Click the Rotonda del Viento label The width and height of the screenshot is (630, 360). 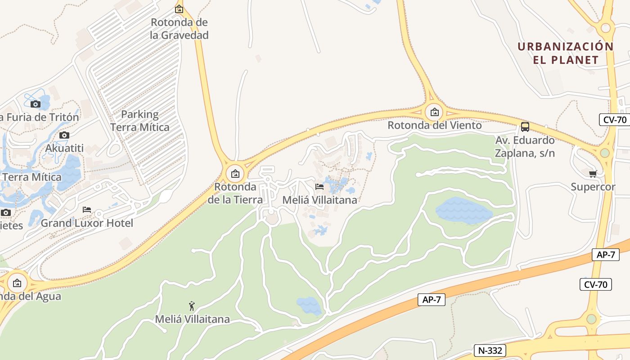[x=434, y=125]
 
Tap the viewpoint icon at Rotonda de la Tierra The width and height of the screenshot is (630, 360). [x=235, y=173]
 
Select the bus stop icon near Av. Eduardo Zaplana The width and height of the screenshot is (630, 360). [x=525, y=126]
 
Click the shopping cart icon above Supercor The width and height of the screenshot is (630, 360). [x=593, y=174]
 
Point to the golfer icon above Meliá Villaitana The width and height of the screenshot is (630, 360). [x=192, y=306]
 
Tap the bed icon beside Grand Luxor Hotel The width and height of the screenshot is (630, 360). [x=87, y=209]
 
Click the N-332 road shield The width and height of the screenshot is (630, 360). [x=490, y=351]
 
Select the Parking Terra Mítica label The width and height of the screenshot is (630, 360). [x=140, y=121]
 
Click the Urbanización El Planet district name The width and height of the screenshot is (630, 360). [x=566, y=53]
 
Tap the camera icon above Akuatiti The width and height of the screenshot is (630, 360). [x=64, y=135]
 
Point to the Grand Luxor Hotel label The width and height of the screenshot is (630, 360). [x=87, y=223]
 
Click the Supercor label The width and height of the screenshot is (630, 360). [x=593, y=187]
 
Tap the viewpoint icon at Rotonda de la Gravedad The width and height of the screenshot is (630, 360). [x=179, y=9]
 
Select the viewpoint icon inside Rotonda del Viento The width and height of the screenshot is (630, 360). [x=434, y=112]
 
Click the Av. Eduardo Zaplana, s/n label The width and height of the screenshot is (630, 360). [x=525, y=147]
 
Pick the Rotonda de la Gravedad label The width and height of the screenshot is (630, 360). [x=180, y=29]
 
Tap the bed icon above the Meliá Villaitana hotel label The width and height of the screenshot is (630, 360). [x=319, y=186]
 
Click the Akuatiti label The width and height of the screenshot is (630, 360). [x=65, y=148]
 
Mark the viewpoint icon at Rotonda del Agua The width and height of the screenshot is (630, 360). [x=17, y=283]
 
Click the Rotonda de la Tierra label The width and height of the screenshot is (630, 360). [x=235, y=193]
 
